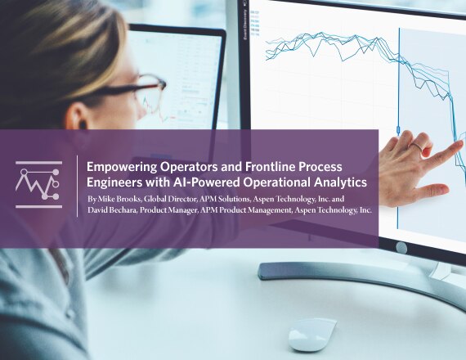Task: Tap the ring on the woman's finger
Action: [x=416, y=146]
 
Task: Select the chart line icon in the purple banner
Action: [x=38, y=184]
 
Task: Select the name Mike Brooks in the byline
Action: [x=120, y=198]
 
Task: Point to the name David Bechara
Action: [x=112, y=209]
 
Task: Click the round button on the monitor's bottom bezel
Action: [x=401, y=248]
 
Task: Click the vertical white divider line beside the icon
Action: [x=78, y=186]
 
